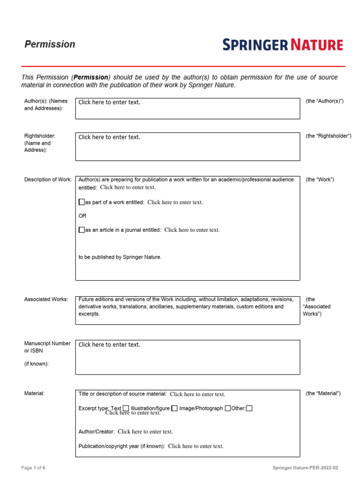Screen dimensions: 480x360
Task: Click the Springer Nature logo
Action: [283, 45]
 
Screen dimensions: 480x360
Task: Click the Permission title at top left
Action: [50, 44]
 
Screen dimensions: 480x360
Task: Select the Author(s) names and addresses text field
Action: [187, 108]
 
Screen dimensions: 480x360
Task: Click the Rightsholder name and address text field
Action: [187, 146]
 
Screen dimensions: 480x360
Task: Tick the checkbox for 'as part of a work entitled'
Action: [82, 202]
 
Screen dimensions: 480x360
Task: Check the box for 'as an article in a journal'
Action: [82, 230]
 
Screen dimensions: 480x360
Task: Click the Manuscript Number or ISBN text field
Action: [187, 357]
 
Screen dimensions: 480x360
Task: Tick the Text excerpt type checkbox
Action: [126, 408]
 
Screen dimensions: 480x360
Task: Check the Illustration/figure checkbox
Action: [174, 408]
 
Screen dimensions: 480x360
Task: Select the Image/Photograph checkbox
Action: [228, 408]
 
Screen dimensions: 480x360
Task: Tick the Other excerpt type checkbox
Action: [249, 408]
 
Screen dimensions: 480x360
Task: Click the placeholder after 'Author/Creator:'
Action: [145, 432]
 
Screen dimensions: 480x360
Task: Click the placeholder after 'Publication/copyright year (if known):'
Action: [195, 446]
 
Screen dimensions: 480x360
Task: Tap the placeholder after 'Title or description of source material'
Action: [197, 394]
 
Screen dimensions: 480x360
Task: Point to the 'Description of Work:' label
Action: [48, 180]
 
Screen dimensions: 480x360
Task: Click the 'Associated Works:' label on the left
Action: [46, 299]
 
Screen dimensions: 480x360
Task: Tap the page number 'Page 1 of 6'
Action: [33, 468]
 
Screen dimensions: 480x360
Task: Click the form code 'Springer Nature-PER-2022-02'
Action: [305, 468]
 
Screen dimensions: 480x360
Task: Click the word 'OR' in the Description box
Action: [82, 216]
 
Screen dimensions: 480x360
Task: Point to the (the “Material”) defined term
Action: [323, 393]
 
